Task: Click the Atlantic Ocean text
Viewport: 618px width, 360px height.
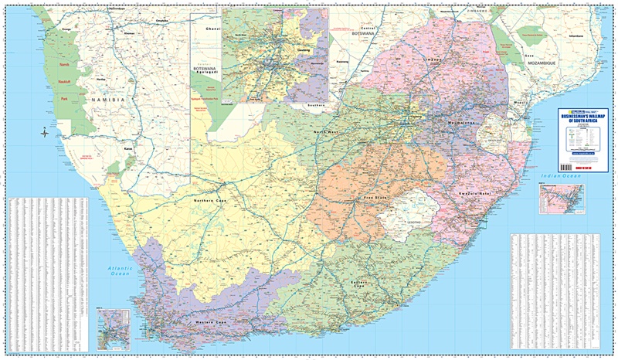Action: coord(120,270)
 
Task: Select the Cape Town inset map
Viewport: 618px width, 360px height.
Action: coord(113,328)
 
